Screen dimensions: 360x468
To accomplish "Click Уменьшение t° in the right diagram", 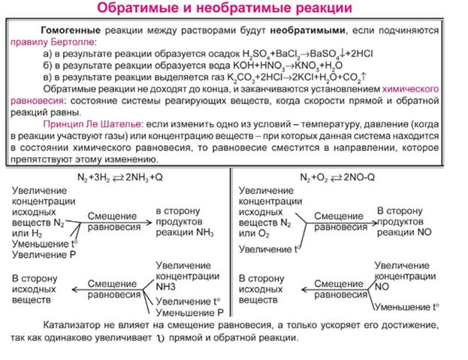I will (x=407, y=307).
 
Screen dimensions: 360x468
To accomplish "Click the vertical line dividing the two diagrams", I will (x=231, y=248).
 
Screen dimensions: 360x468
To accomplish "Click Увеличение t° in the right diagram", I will (x=266, y=247).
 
